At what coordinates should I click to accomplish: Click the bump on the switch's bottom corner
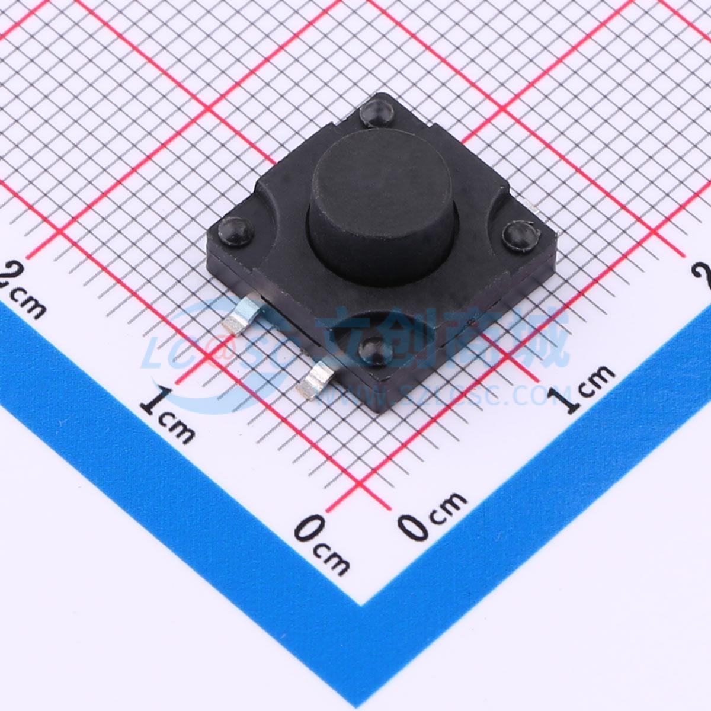tap(373, 350)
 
